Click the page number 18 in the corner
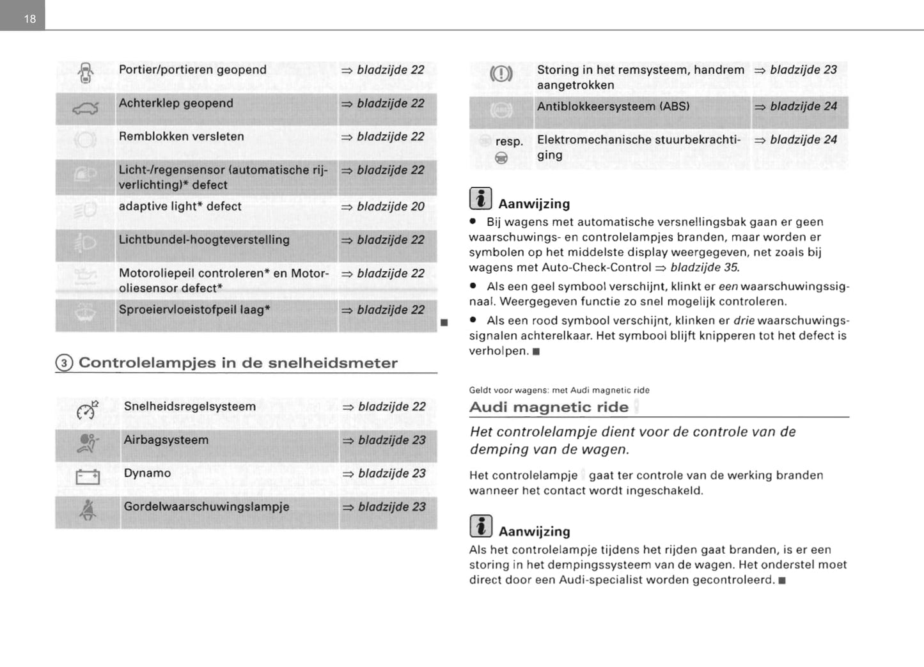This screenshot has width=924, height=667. [x=29, y=19]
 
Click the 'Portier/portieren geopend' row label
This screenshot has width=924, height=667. [x=192, y=70]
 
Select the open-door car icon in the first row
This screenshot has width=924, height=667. [x=86, y=72]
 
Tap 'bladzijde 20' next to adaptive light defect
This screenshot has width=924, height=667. [x=390, y=207]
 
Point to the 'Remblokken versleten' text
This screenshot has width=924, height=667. [x=181, y=136]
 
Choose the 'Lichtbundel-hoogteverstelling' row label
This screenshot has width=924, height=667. [x=204, y=240]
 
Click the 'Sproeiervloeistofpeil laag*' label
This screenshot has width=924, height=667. [x=194, y=310]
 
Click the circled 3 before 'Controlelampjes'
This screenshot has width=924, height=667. [x=64, y=363]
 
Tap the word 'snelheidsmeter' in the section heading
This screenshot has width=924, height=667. [x=333, y=363]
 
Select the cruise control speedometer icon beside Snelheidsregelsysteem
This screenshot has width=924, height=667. [x=87, y=410]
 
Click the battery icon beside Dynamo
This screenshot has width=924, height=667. [x=88, y=477]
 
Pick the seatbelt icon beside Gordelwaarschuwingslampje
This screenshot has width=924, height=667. [x=88, y=510]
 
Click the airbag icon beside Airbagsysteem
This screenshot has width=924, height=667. [x=88, y=443]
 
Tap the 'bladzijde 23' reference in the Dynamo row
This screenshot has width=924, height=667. [x=391, y=473]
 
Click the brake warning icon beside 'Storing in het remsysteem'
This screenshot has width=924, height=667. [x=501, y=74]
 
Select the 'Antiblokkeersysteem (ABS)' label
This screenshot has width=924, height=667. [x=613, y=106]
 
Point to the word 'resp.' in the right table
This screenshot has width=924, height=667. [x=509, y=141]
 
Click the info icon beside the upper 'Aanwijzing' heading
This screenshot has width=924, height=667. [x=480, y=199]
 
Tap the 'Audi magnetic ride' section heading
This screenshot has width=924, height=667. [x=549, y=407]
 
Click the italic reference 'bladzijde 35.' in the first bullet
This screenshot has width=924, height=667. [x=705, y=267]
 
